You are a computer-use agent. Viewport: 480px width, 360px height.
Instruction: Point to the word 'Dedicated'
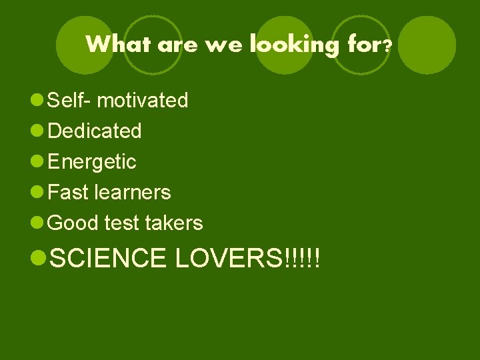tap(95, 131)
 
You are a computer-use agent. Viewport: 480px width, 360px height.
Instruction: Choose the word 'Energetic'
tap(93, 162)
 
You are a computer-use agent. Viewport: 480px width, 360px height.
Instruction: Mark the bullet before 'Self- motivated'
tap(39, 101)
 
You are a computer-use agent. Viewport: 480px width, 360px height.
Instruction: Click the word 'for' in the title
tap(363, 45)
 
